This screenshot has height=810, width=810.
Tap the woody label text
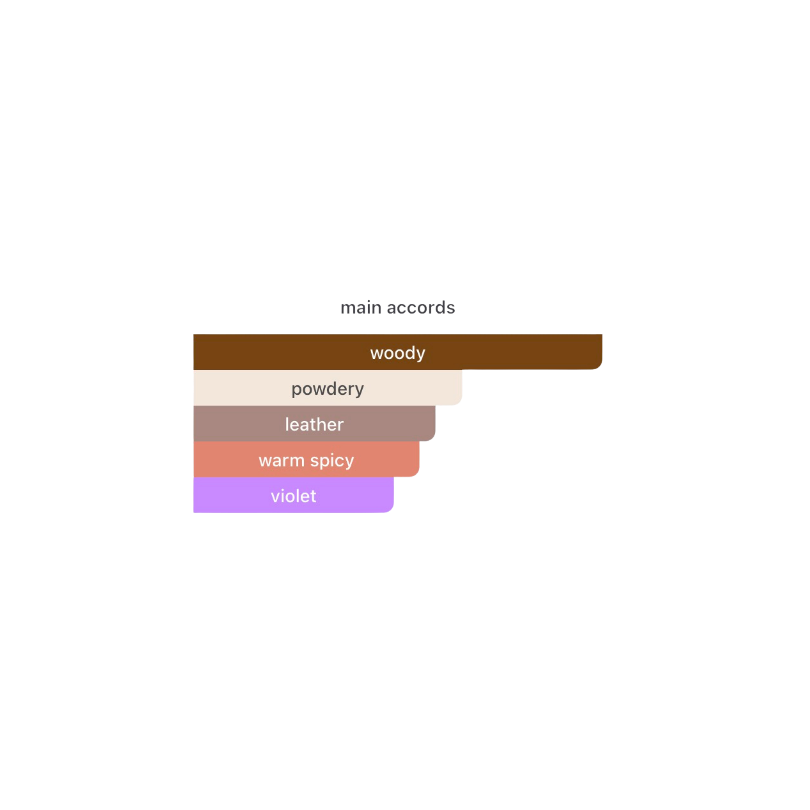pos(398,353)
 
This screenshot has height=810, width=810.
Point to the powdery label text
pos(328,389)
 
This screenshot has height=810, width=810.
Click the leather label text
pos(314,424)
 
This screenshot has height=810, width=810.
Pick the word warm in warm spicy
pos(281,460)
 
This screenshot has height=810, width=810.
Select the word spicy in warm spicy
pos(332,461)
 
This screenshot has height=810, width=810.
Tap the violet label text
pos(294,496)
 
